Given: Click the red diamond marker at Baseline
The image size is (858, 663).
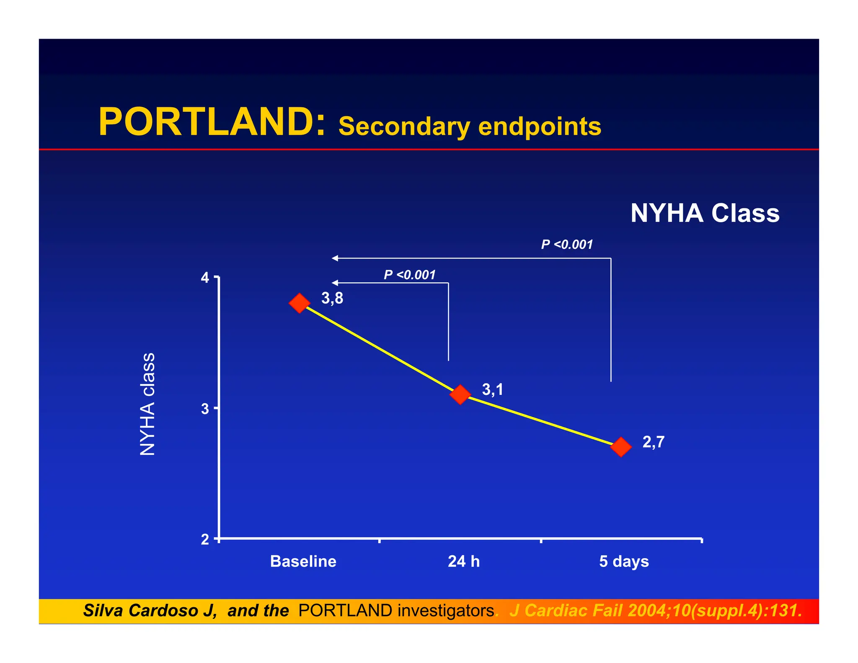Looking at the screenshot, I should pos(300,303).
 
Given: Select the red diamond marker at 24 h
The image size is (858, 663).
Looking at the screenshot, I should pos(460,394).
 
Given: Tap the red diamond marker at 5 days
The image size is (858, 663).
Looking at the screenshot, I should pos(621,447).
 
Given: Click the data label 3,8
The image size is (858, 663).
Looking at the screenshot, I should pos(332,298).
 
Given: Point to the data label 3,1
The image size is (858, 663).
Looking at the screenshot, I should pos(493,390).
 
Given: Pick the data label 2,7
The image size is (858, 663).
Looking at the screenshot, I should pos(654,442).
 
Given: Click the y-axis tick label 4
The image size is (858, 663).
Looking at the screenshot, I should pos(205,278).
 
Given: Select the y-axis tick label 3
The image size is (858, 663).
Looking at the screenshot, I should pos(205,409).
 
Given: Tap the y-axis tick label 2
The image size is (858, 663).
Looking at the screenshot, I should pos(205,539).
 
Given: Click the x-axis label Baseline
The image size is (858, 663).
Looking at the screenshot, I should pos(303,562).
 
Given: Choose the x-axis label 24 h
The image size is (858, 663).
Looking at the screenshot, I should pos(464,562).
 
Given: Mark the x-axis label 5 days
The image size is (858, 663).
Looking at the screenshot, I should pos(624,562).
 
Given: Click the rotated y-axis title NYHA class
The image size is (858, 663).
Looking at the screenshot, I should pos(147,404).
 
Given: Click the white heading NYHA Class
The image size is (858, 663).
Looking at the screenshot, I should pos(705,213).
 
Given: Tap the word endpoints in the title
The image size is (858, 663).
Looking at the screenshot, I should pos(540,127).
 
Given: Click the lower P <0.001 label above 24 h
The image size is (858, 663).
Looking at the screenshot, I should pos(410,275).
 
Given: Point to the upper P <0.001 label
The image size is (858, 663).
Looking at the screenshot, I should pos(567,245).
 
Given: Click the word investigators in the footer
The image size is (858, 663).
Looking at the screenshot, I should pos(446,611).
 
